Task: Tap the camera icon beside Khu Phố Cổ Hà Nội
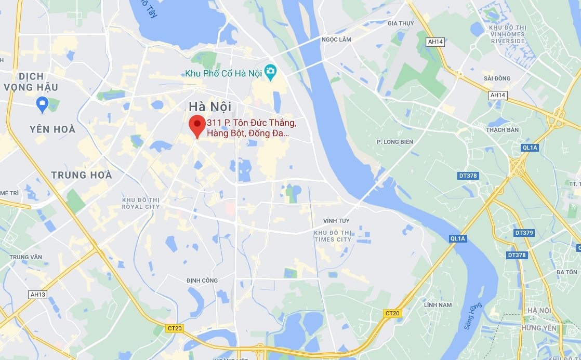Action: (x=270, y=73)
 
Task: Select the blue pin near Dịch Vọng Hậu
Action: (x=43, y=104)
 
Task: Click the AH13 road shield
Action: (x=38, y=295)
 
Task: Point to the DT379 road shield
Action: (x=524, y=233)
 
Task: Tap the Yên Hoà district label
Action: (x=52, y=129)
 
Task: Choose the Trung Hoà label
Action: (x=81, y=175)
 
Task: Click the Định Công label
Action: (x=202, y=281)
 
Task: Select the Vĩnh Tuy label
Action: (x=336, y=221)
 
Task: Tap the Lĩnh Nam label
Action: (x=438, y=305)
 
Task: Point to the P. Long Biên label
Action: (x=394, y=142)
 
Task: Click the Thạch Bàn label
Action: (x=502, y=130)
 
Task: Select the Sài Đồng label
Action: (x=497, y=78)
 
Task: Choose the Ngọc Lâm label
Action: (x=336, y=39)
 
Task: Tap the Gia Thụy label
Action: (x=400, y=23)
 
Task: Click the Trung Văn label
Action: (x=25, y=257)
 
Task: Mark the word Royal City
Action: (x=141, y=207)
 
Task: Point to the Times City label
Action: (x=333, y=239)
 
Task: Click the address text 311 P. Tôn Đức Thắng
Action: (x=252, y=123)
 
